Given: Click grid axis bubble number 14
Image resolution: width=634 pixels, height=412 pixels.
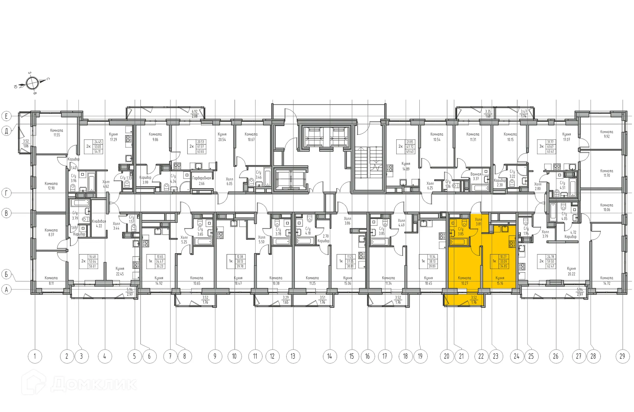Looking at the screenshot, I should point(330,356).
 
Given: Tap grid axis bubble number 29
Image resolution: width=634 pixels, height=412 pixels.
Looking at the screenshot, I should point(622,356).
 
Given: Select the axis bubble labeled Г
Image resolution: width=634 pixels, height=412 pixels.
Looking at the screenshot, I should point(6,193).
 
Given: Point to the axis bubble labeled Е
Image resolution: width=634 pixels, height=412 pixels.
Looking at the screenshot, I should point(6,116).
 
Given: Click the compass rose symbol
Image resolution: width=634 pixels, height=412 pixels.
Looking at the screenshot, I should point(32,83).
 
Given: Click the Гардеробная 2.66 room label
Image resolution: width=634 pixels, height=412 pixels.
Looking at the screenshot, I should point(201,181).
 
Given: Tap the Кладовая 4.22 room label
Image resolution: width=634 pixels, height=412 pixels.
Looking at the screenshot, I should point(99,223).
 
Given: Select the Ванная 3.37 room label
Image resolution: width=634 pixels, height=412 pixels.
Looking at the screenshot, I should point(475,176).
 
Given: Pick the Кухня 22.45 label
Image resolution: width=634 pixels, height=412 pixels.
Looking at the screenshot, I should point(120,271).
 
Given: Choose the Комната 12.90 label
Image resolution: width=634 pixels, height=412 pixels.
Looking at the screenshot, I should point(51,186).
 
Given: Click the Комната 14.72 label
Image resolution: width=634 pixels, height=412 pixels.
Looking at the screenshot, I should point(607,280).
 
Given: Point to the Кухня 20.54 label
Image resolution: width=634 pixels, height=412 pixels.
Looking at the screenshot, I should point(222,137).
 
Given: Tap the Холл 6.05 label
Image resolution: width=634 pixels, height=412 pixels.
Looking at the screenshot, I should point(229,181).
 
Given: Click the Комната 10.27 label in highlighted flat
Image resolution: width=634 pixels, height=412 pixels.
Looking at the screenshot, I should point(464,280).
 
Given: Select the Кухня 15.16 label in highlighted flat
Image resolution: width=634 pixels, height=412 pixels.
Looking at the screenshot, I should point(500,280).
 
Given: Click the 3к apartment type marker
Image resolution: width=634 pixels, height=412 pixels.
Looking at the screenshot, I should point(541,146).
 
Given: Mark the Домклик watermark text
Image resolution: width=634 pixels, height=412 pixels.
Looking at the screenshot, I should point(94,384).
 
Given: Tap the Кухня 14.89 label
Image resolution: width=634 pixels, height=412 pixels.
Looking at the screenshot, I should point(406,166).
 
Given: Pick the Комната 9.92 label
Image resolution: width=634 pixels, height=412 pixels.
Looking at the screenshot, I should point(607,134).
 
